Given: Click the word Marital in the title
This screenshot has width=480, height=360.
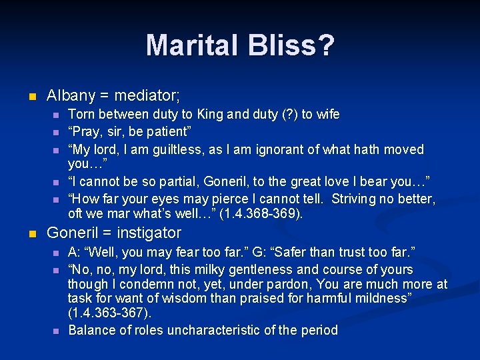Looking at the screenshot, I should [x=187, y=45].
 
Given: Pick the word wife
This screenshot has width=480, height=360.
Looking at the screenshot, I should [x=326, y=115].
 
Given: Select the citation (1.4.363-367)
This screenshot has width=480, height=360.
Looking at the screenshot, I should [x=109, y=313].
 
